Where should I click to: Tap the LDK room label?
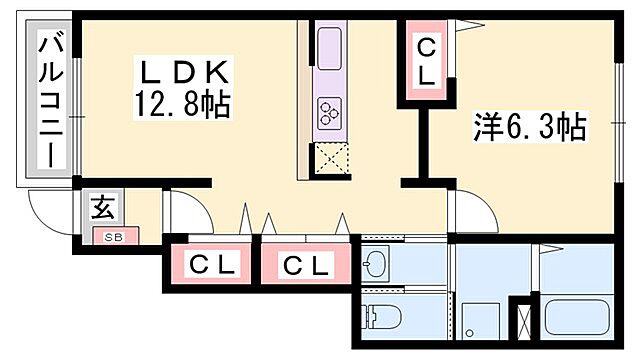click(x=184, y=73)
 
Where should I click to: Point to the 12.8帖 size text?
click(x=184, y=103)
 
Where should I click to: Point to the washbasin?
click(x=378, y=264)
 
